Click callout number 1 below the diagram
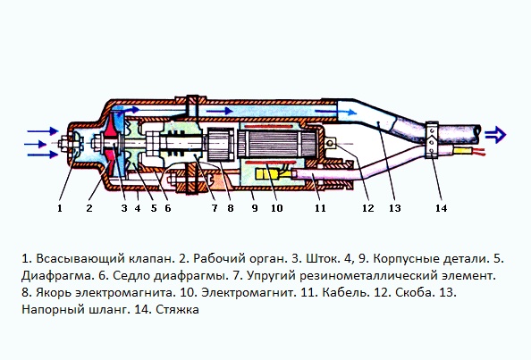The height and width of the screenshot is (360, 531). [x=60, y=208]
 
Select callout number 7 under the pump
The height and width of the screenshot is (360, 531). [x=215, y=208]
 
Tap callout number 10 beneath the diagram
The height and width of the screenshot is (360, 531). [x=277, y=208]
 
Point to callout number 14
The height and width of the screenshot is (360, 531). [x=441, y=208]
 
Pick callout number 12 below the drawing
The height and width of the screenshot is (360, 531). [x=367, y=208]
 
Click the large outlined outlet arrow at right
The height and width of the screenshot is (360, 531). [x=495, y=135]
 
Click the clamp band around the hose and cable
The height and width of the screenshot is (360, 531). [x=432, y=140]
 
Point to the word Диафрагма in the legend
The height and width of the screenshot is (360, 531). [x=58, y=276]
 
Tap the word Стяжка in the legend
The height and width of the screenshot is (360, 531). [x=178, y=310]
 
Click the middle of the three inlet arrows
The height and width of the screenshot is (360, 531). [x=36, y=145]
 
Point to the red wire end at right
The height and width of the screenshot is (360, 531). [x=477, y=151]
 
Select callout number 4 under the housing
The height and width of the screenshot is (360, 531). [x=137, y=208]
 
